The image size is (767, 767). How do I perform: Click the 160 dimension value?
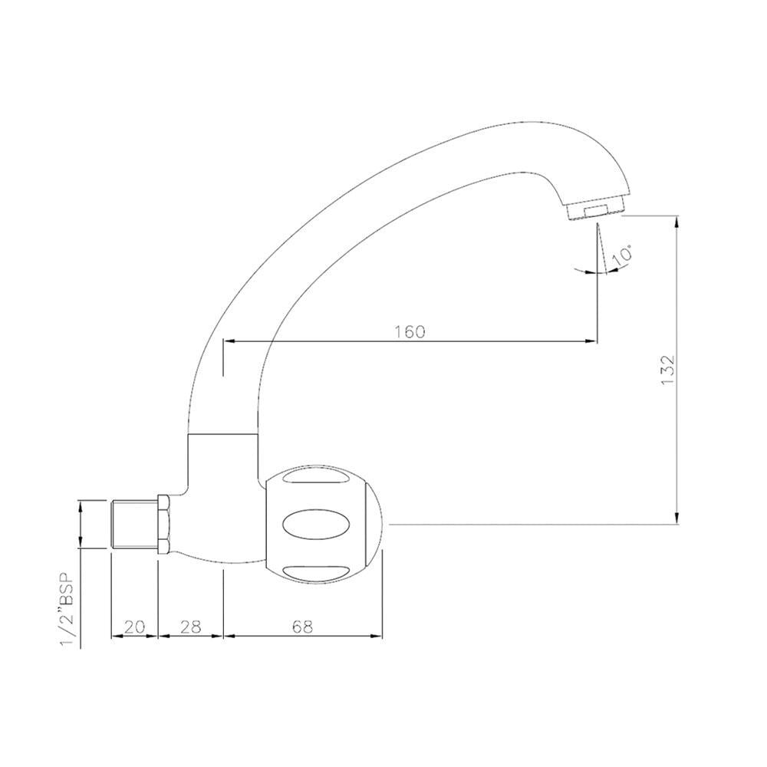410,331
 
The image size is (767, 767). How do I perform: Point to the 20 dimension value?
134,627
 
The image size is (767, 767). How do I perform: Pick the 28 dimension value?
190,627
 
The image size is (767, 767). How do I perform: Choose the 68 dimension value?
302,627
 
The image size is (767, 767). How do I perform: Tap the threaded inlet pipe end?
134,524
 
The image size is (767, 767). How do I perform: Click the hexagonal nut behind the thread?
163,524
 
